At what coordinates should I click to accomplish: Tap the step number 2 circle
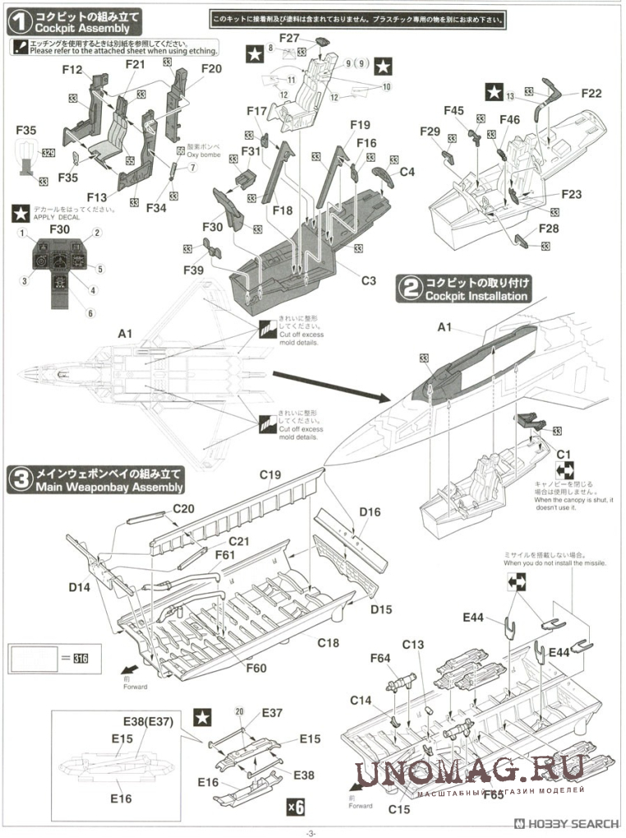click(x=408, y=288)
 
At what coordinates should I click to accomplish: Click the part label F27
click(x=288, y=38)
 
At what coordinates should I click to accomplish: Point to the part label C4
click(x=407, y=172)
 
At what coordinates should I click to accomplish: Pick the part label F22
click(x=591, y=94)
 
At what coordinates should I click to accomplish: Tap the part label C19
click(x=270, y=475)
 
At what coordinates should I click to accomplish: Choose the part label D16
click(x=370, y=513)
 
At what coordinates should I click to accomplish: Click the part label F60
click(x=255, y=668)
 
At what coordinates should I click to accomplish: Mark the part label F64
click(x=380, y=657)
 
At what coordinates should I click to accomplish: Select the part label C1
click(x=564, y=454)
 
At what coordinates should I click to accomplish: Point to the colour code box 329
click(x=48, y=153)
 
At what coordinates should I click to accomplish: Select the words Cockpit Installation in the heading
click(x=476, y=296)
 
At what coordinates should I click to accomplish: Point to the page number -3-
click(x=311, y=832)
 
